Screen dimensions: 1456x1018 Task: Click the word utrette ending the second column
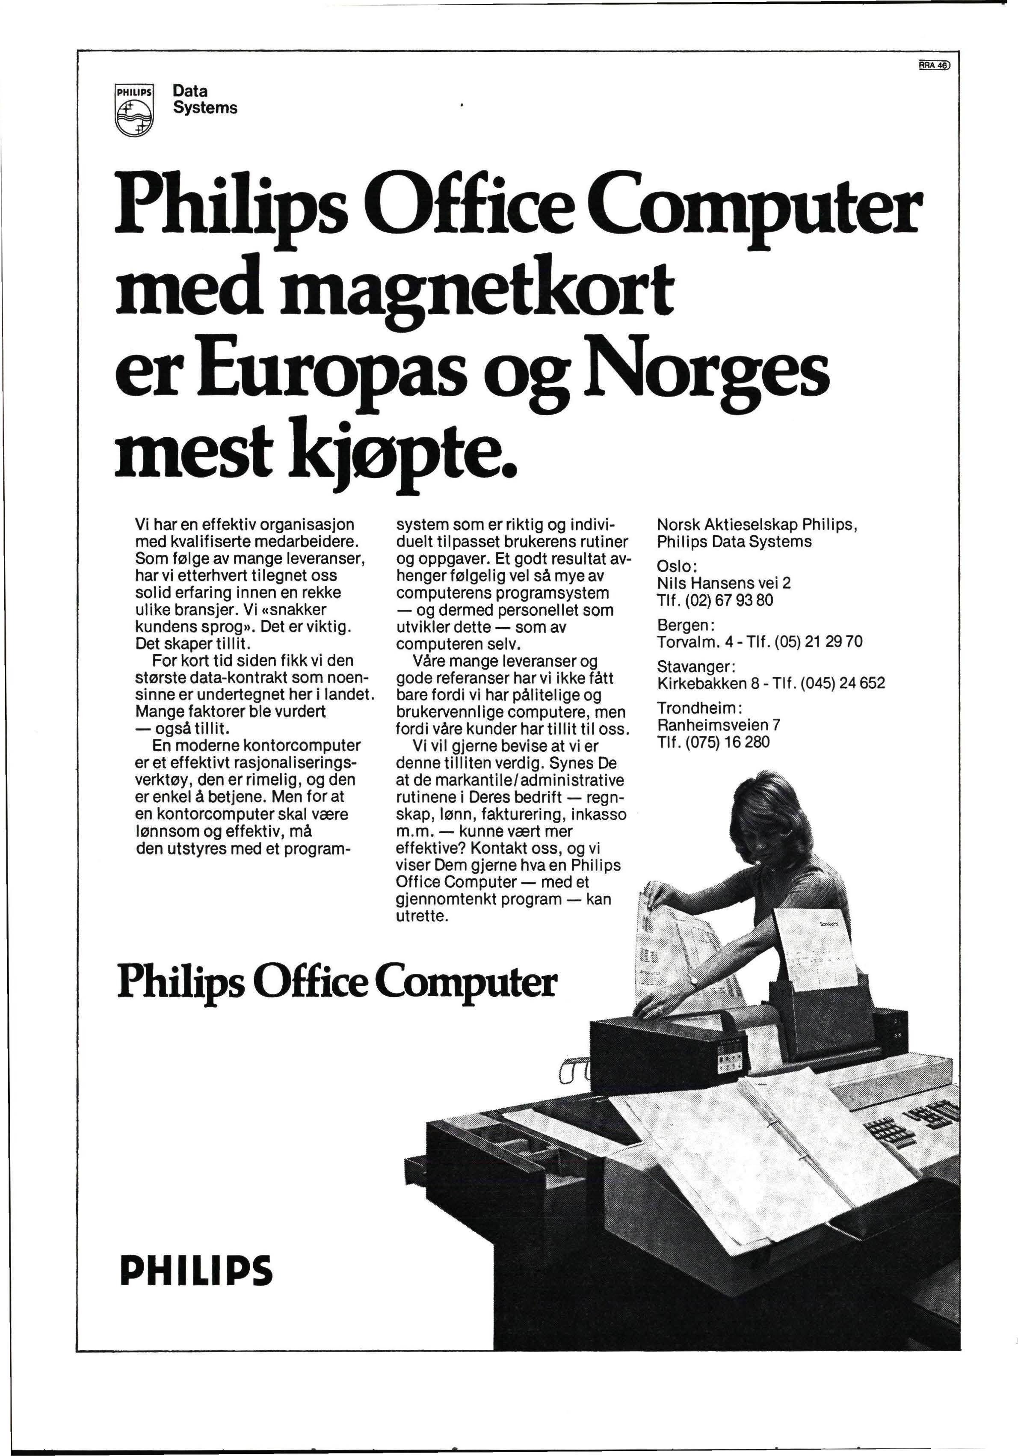point(421,916)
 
